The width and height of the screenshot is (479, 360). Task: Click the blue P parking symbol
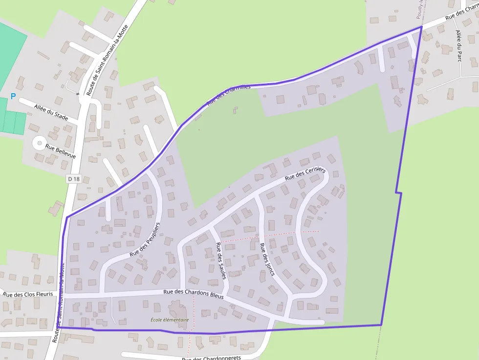coord(13,97)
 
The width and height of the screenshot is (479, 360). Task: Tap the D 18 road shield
coord(73,179)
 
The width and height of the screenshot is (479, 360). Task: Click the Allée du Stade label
coord(51,111)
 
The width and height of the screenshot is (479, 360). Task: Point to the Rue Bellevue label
coord(61,150)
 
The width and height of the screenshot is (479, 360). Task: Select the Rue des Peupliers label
coord(145,240)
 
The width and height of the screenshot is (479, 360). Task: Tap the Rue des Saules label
coord(221,260)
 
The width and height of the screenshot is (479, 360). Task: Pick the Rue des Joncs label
coord(267,259)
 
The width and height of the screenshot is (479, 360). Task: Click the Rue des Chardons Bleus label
coord(193,294)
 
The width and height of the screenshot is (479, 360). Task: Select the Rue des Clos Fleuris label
coord(28,294)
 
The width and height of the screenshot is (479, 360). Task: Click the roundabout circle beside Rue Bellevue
coord(38,143)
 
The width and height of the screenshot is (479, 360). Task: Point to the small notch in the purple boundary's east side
coord(398,192)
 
